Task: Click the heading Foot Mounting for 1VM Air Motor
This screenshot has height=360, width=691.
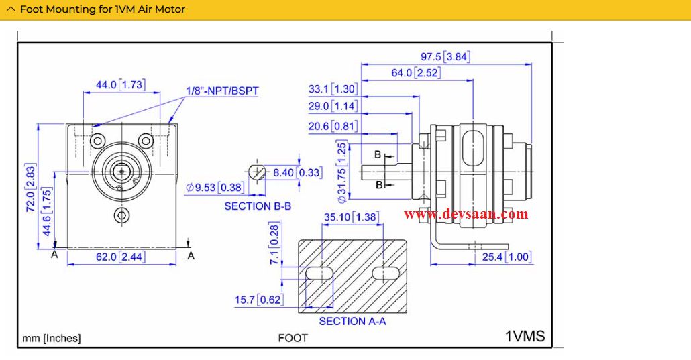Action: coord(103,9)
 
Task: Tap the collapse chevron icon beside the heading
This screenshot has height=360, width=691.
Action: coord(11,9)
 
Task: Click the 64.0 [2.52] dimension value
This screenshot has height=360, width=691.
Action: coord(416,73)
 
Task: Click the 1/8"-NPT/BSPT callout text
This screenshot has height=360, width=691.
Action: coord(222,91)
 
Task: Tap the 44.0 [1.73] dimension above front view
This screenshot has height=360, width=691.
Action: coord(120,85)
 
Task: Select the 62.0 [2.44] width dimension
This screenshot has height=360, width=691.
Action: coord(121,257)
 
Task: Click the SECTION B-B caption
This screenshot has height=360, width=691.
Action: coord(258,206)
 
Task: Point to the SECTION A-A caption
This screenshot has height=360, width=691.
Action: coord(352,322)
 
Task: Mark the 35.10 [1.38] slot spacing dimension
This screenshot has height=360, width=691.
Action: coord(352,217)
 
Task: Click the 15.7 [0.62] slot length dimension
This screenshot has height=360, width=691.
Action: coord(258,300)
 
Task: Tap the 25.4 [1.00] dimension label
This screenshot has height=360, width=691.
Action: coord(506,257)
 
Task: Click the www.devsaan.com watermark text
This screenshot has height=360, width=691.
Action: coord(466,215)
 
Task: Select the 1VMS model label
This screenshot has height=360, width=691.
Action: coord(525,337)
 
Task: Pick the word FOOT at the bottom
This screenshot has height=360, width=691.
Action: coord(293,338)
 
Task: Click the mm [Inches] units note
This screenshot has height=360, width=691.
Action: coord(52,338)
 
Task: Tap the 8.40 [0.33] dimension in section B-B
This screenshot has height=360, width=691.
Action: coord(297,173)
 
